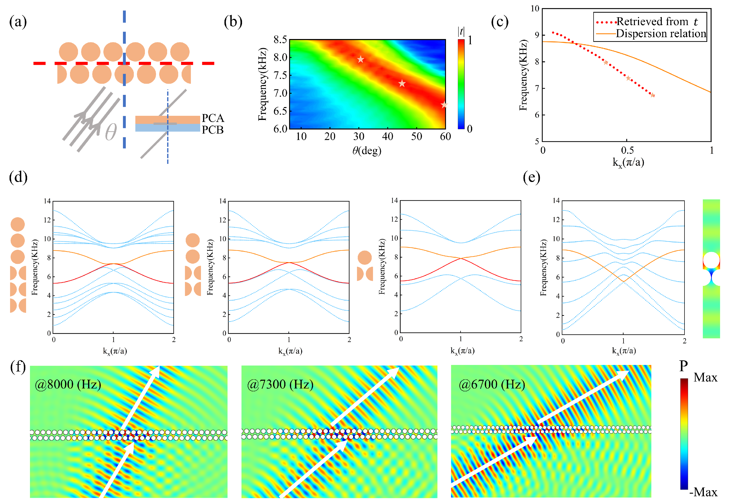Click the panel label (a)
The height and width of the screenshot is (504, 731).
(x=18, y=22)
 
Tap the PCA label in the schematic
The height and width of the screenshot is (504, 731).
(x=213, y=118)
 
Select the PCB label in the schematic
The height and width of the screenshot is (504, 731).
(x=213, y=130)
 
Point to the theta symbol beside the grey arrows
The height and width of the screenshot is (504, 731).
(x=111, y=132)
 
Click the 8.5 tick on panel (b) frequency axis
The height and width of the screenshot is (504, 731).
(x=280, y=40)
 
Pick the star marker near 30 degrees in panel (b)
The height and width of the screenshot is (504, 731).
(x=360, y=59)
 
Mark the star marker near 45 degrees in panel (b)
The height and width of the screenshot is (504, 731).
(x=402, y=84)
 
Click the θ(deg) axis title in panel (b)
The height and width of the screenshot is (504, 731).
(x=367, y=151)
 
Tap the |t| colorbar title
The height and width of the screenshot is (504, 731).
(x=461, y=32)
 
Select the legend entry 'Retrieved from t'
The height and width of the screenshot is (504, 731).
(x=657, y=21)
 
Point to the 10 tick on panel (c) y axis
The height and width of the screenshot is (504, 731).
(x=535, y=9)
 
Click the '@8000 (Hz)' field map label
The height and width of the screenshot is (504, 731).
(x=68, y=384)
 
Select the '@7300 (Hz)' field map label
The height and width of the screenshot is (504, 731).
(x=280, y=384)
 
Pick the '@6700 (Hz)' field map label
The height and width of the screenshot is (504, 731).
(x=492, y=384)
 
